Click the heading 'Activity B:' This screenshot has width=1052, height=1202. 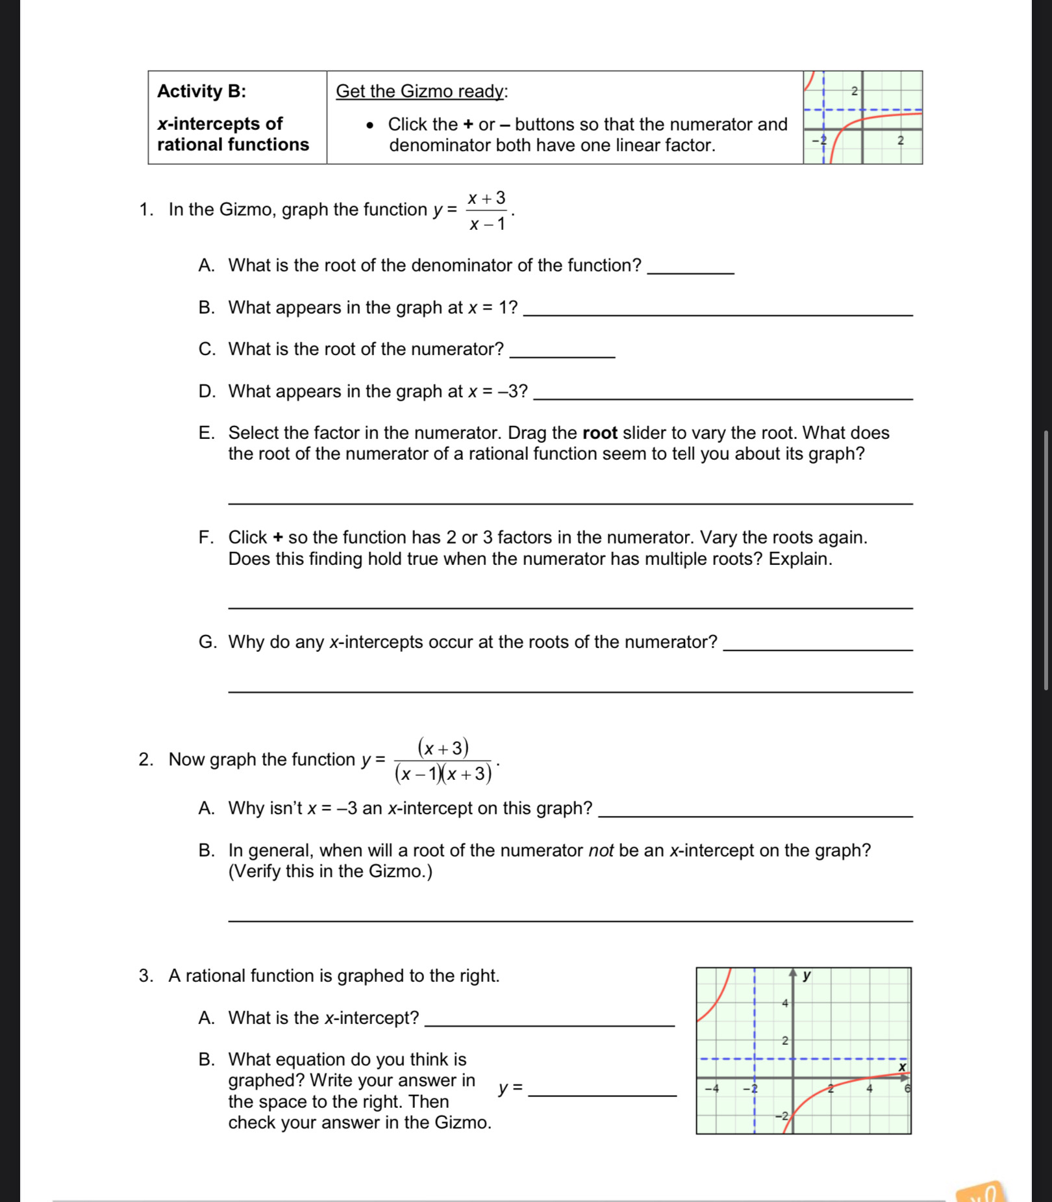(201, 91)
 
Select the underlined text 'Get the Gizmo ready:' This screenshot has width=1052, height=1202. (421, 91)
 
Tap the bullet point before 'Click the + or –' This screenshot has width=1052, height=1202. (370, 125)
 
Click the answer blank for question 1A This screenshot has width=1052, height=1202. (691, 269)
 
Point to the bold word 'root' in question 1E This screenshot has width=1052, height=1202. (599, 433)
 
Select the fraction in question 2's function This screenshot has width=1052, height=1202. (444, 760)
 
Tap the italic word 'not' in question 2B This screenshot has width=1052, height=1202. (601, 851)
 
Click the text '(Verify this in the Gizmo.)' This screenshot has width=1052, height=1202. (330, 871)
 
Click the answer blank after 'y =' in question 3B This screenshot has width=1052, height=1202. (603, 1092)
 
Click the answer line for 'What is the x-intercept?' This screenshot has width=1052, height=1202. (549, 1021)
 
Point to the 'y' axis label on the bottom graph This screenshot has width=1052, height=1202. (807, 975)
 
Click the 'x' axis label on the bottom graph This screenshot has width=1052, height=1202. (901, 1067)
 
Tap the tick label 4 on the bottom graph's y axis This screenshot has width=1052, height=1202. (784, 1003)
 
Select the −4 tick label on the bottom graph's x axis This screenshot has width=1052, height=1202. (712, 1089)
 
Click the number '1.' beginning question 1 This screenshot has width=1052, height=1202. (146, 210)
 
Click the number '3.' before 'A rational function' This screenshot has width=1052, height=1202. (145, 976)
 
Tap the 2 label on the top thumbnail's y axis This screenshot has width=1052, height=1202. (855, 92)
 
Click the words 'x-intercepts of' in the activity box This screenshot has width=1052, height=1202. (219, 123)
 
